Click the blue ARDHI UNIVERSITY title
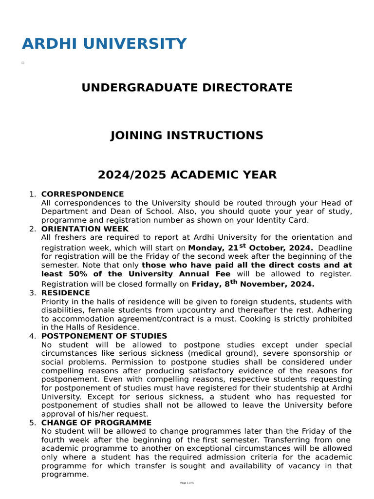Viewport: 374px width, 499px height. pos(104,44)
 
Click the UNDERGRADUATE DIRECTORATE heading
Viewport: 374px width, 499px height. pos(187,88)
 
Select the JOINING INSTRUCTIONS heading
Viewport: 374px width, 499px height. pos(187,135)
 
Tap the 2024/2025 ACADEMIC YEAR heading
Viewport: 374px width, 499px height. pos(187,174)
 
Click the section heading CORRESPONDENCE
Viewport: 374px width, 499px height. pos(82,194)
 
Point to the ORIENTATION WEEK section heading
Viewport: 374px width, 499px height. pos(85,229)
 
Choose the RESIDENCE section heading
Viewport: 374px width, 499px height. pos(65,293)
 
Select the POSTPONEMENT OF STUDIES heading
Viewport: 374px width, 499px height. pos(104,336)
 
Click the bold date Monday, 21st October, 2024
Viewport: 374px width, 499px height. pos(250,248)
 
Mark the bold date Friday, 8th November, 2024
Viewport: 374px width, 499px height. pos(253,284)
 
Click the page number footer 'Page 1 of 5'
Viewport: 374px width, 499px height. pos(187,483)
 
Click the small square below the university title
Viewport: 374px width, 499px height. pos(23,63)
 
